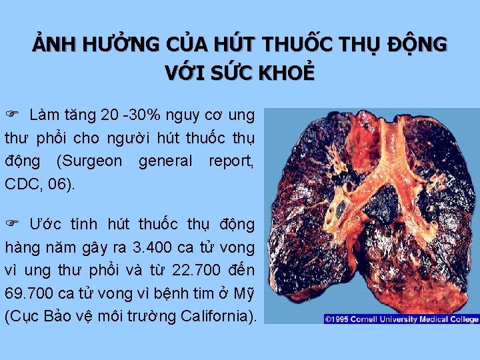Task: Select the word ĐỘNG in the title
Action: (x=420, y=45)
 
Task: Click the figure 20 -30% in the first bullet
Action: (x=129, y=115)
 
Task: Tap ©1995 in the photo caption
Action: (x=337, y=319)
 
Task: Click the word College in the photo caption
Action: (x=464, y=319)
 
